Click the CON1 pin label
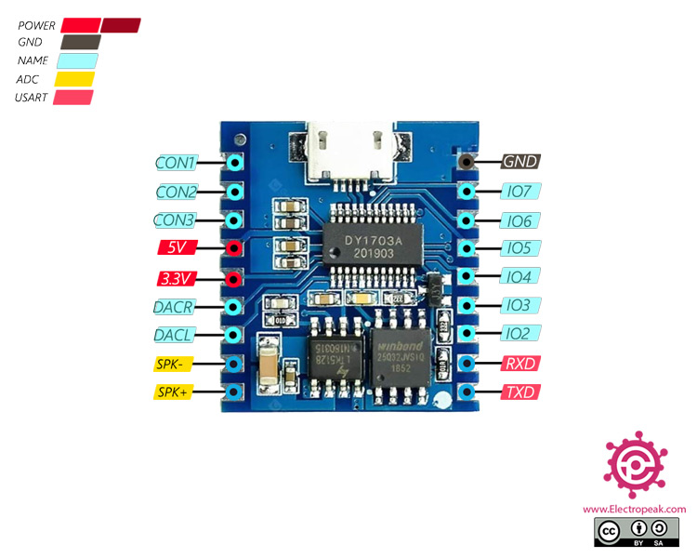pyautogui.click(x=176, y=163)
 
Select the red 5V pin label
pyautogui.click(x=176, y=248)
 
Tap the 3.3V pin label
pyautogui.click(x=176, y=278)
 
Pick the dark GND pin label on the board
pyautogui.click(x=520, y=161)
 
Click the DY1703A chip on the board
pyautogui.click(x=372, y=246)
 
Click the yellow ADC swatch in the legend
pyautogui.click(x=74, y=79)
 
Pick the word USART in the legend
pyautogui.click(x=33, y=97)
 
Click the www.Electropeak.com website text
pyautogui.click(x=635, y=509)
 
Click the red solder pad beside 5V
pyautogui.click(x=235, y=248)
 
